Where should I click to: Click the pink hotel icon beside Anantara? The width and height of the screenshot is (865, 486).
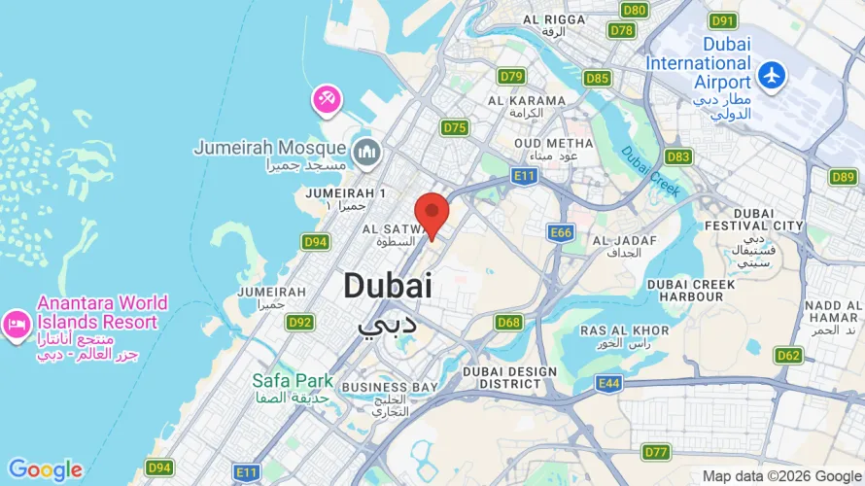click(17, 324)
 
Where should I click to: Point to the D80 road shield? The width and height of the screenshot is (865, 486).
click(634, 10)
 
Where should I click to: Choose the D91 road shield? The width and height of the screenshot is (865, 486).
click(722, 21)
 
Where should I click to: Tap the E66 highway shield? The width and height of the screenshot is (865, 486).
click(561, 232)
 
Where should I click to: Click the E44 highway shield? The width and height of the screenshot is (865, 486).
click(608, 384)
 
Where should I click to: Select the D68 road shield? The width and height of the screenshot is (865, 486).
click(508, 322)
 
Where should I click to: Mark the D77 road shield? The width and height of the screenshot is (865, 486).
click(657, 452)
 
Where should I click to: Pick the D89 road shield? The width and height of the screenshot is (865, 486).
click(844, 177)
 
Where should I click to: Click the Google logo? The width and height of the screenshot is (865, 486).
click(45, 470)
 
